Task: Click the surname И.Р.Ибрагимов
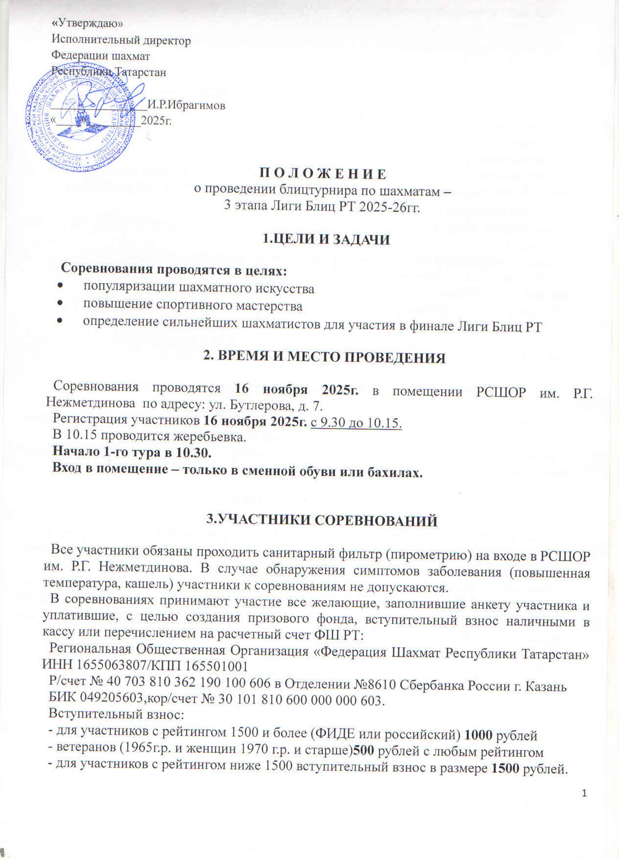[x=187, y=105]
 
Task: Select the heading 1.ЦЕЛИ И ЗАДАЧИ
[x=326, y=239]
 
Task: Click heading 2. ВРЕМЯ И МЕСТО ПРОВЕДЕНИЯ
[x=324, y=358]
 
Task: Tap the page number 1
[x=584, y=793]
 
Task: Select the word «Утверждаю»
[x=87, y=23]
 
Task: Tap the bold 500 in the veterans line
[x=361, y=752]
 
